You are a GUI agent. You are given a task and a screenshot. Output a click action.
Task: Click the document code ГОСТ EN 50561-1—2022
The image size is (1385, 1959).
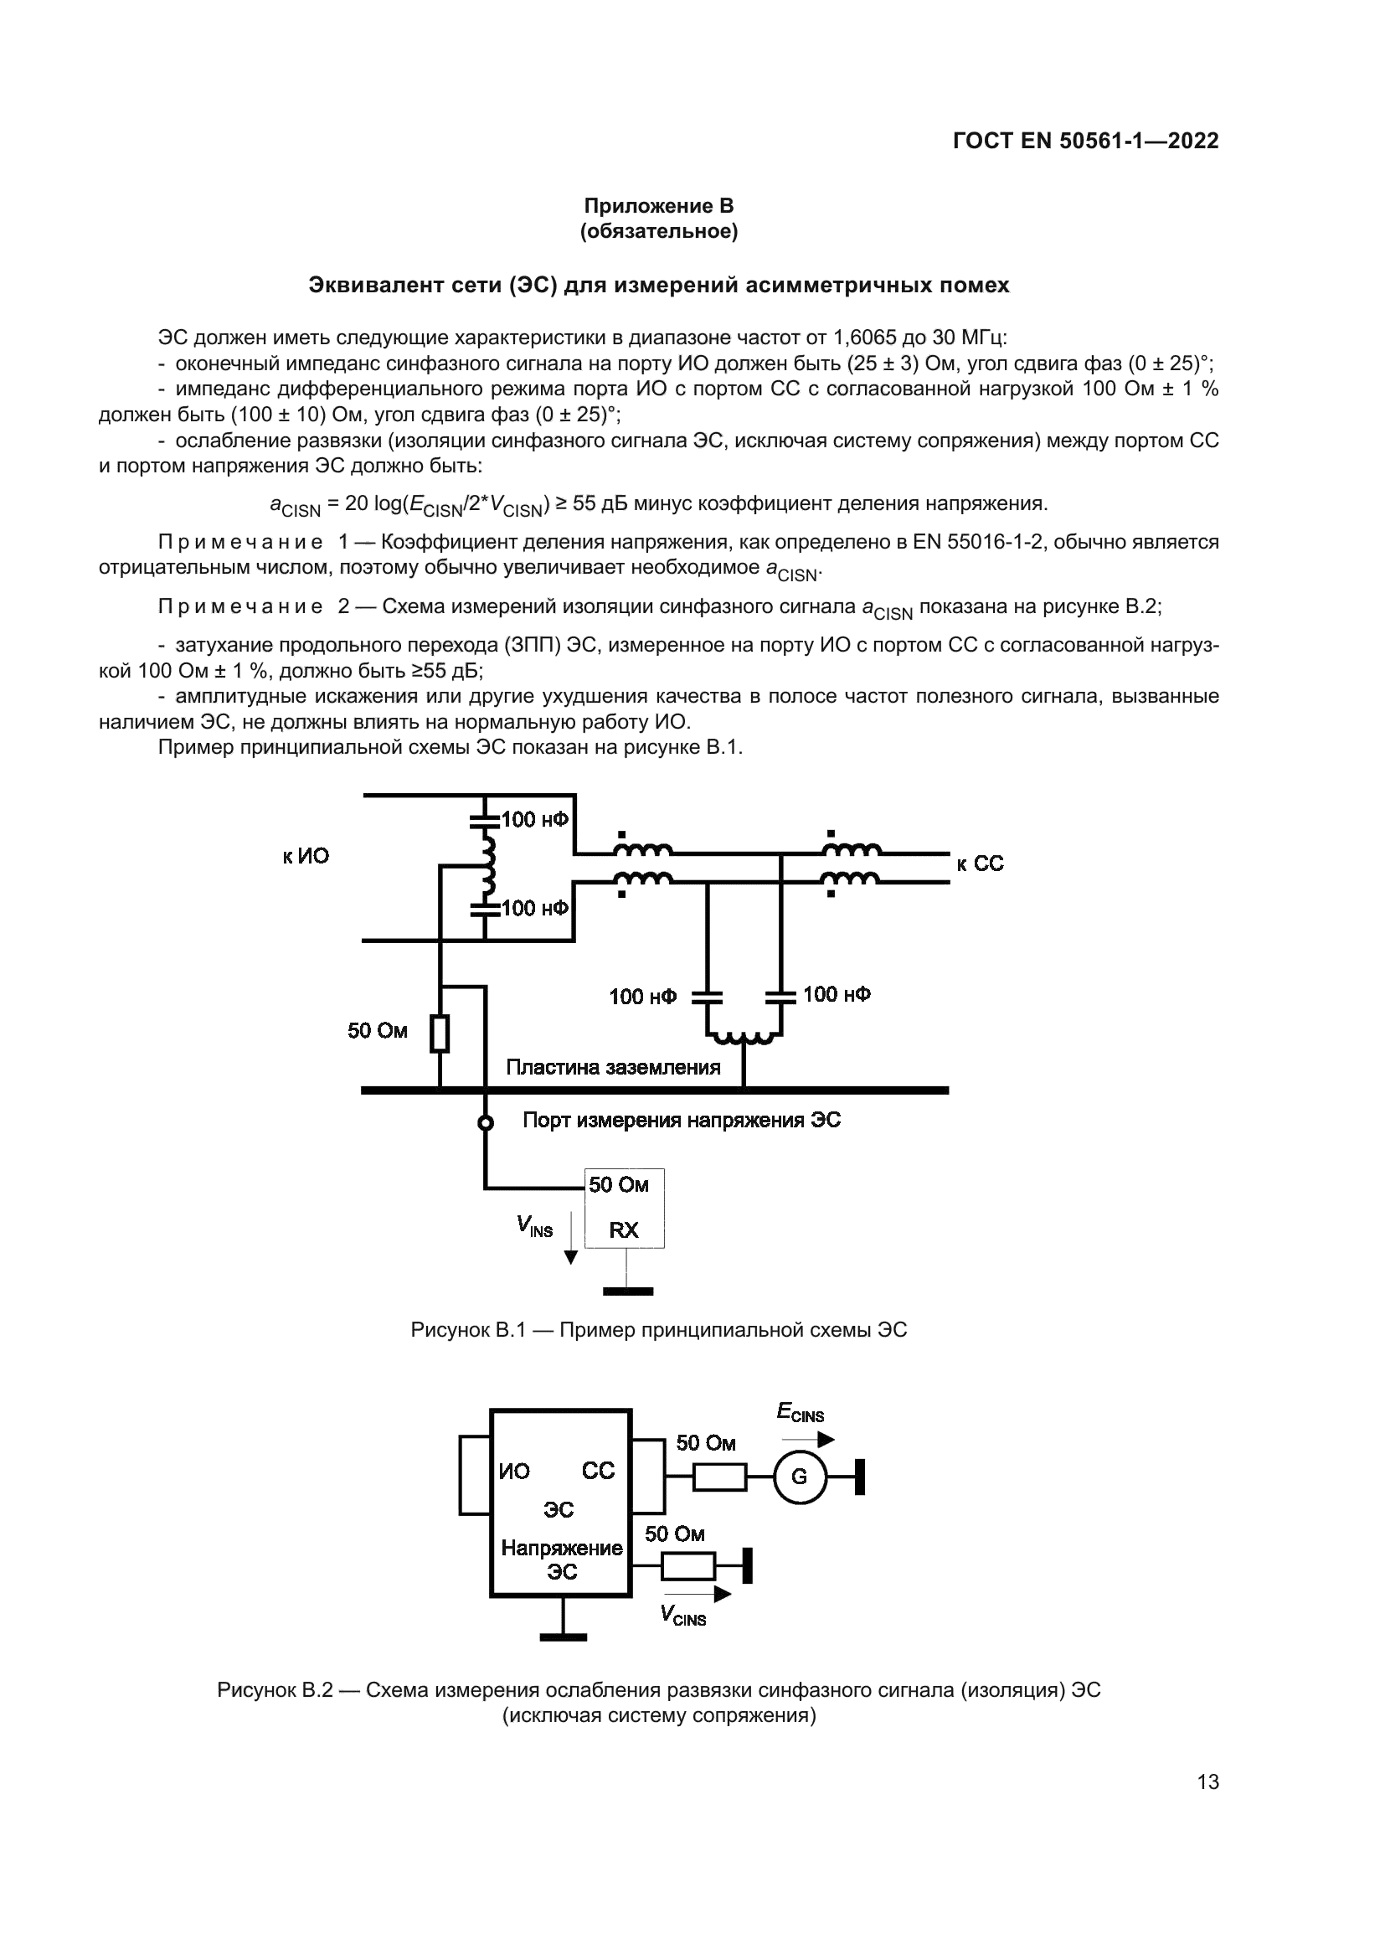(1084, 141)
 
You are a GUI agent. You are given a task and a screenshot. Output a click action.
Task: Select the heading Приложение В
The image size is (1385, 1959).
(658, 206)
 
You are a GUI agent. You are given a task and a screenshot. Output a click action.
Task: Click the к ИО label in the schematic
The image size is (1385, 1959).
(306, 857)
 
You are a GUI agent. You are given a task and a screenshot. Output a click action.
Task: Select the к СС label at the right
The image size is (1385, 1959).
(980, 864)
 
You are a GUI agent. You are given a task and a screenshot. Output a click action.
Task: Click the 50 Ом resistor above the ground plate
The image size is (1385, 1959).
(440, 1034)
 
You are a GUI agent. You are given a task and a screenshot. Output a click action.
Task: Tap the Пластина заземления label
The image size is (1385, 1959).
(613, 1067)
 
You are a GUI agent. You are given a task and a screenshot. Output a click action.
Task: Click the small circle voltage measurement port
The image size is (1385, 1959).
(486, 1124)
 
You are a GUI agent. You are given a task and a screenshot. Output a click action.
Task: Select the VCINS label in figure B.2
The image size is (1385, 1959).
(683, 1615)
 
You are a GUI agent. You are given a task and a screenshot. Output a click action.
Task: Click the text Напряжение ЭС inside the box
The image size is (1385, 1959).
(562, 1559)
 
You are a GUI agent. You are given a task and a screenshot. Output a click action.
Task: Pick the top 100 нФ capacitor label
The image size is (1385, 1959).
(535, 820)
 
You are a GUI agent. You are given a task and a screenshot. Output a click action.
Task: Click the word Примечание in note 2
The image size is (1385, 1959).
(240, 606)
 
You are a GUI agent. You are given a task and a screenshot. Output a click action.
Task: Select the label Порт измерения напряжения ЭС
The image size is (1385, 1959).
(682, 1121)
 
